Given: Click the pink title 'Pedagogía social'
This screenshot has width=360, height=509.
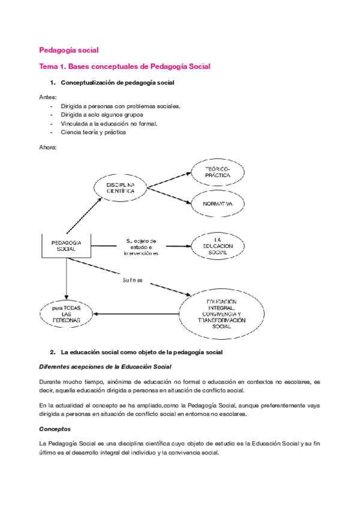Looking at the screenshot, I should point(69,50).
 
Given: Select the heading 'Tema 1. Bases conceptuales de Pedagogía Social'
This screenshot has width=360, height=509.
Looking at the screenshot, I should point(124,66).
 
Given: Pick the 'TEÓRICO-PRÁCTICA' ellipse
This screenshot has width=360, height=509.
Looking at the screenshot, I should point(217,173).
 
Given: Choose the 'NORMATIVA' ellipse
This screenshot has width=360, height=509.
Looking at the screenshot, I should point(217,205).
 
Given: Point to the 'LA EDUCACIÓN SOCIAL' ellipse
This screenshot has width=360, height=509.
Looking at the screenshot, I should point(218,246).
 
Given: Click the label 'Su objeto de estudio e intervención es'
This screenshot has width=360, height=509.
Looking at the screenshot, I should point(141,246).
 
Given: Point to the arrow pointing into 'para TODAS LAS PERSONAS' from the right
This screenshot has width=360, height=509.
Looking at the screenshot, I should point(137,313).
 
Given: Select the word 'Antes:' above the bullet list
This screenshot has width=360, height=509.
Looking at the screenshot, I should point(47,97).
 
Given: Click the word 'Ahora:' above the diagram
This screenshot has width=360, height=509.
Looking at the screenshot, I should point(48,147).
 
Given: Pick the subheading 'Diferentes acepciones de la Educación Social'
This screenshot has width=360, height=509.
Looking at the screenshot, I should point(105,366).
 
